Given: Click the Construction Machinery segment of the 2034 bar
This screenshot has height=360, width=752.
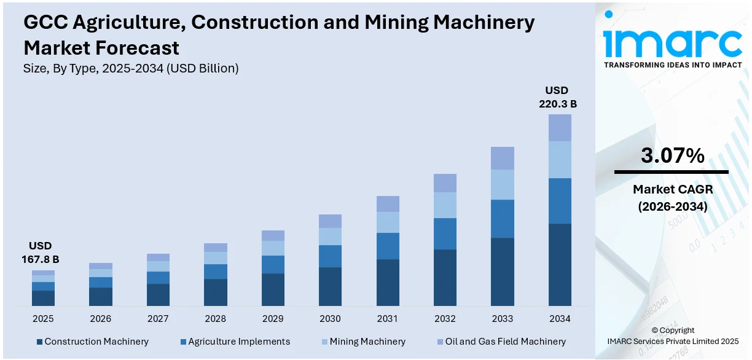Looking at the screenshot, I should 559,264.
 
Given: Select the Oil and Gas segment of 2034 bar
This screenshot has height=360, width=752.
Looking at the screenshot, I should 559,128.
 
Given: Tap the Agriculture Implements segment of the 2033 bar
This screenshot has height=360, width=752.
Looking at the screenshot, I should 502,219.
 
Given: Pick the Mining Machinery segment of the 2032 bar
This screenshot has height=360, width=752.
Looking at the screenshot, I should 445,205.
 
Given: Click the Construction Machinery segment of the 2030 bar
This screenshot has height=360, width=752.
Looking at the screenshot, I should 330,286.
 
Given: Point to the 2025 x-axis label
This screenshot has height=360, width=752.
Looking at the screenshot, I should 43,319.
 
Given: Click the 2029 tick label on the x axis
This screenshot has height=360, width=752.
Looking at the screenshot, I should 273,319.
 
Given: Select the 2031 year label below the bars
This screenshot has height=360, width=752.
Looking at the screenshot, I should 388,319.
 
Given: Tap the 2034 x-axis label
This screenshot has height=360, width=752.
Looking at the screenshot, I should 560,319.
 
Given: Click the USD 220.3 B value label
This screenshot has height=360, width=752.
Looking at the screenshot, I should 558,97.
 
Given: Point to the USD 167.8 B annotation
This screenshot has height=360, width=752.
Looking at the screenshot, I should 40,252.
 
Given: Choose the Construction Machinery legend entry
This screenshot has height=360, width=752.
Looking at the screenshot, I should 93,342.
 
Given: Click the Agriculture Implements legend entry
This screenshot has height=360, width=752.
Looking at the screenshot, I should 235,342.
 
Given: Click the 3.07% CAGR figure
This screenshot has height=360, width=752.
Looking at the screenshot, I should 672,156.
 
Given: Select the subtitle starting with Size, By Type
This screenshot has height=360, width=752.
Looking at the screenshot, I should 131,69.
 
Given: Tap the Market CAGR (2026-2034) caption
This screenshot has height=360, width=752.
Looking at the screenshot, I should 672,198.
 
